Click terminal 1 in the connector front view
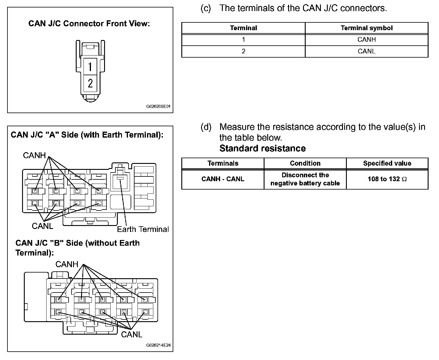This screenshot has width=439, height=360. click(90, 66)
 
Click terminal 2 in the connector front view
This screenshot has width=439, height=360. click(90, 83)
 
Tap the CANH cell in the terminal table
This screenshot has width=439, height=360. click(367, 39)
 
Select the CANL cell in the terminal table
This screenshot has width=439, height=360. click(367, 51)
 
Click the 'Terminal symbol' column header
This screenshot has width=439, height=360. click(367, 28)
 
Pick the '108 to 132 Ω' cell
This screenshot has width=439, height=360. click(387, 179)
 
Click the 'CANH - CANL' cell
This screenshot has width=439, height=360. click(223, 179)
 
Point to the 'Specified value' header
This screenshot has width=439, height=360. click(387, 163)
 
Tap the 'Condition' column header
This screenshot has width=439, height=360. click(305, 163)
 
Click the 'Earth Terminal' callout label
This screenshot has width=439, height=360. click(143, 229)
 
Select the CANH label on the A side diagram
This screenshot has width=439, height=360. click(34, 155)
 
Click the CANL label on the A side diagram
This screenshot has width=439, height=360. click(42, 226)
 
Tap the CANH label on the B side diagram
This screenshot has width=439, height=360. click(67, 264)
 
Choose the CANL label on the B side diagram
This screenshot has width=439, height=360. click(132, 334)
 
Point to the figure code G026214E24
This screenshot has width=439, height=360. click(158, 345)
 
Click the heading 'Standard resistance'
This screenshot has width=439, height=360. click(262, 148)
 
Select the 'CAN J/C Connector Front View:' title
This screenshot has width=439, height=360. click(89, 24)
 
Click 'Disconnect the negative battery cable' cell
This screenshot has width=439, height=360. click(305, 179)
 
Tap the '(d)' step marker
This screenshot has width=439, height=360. click(206, 127)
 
